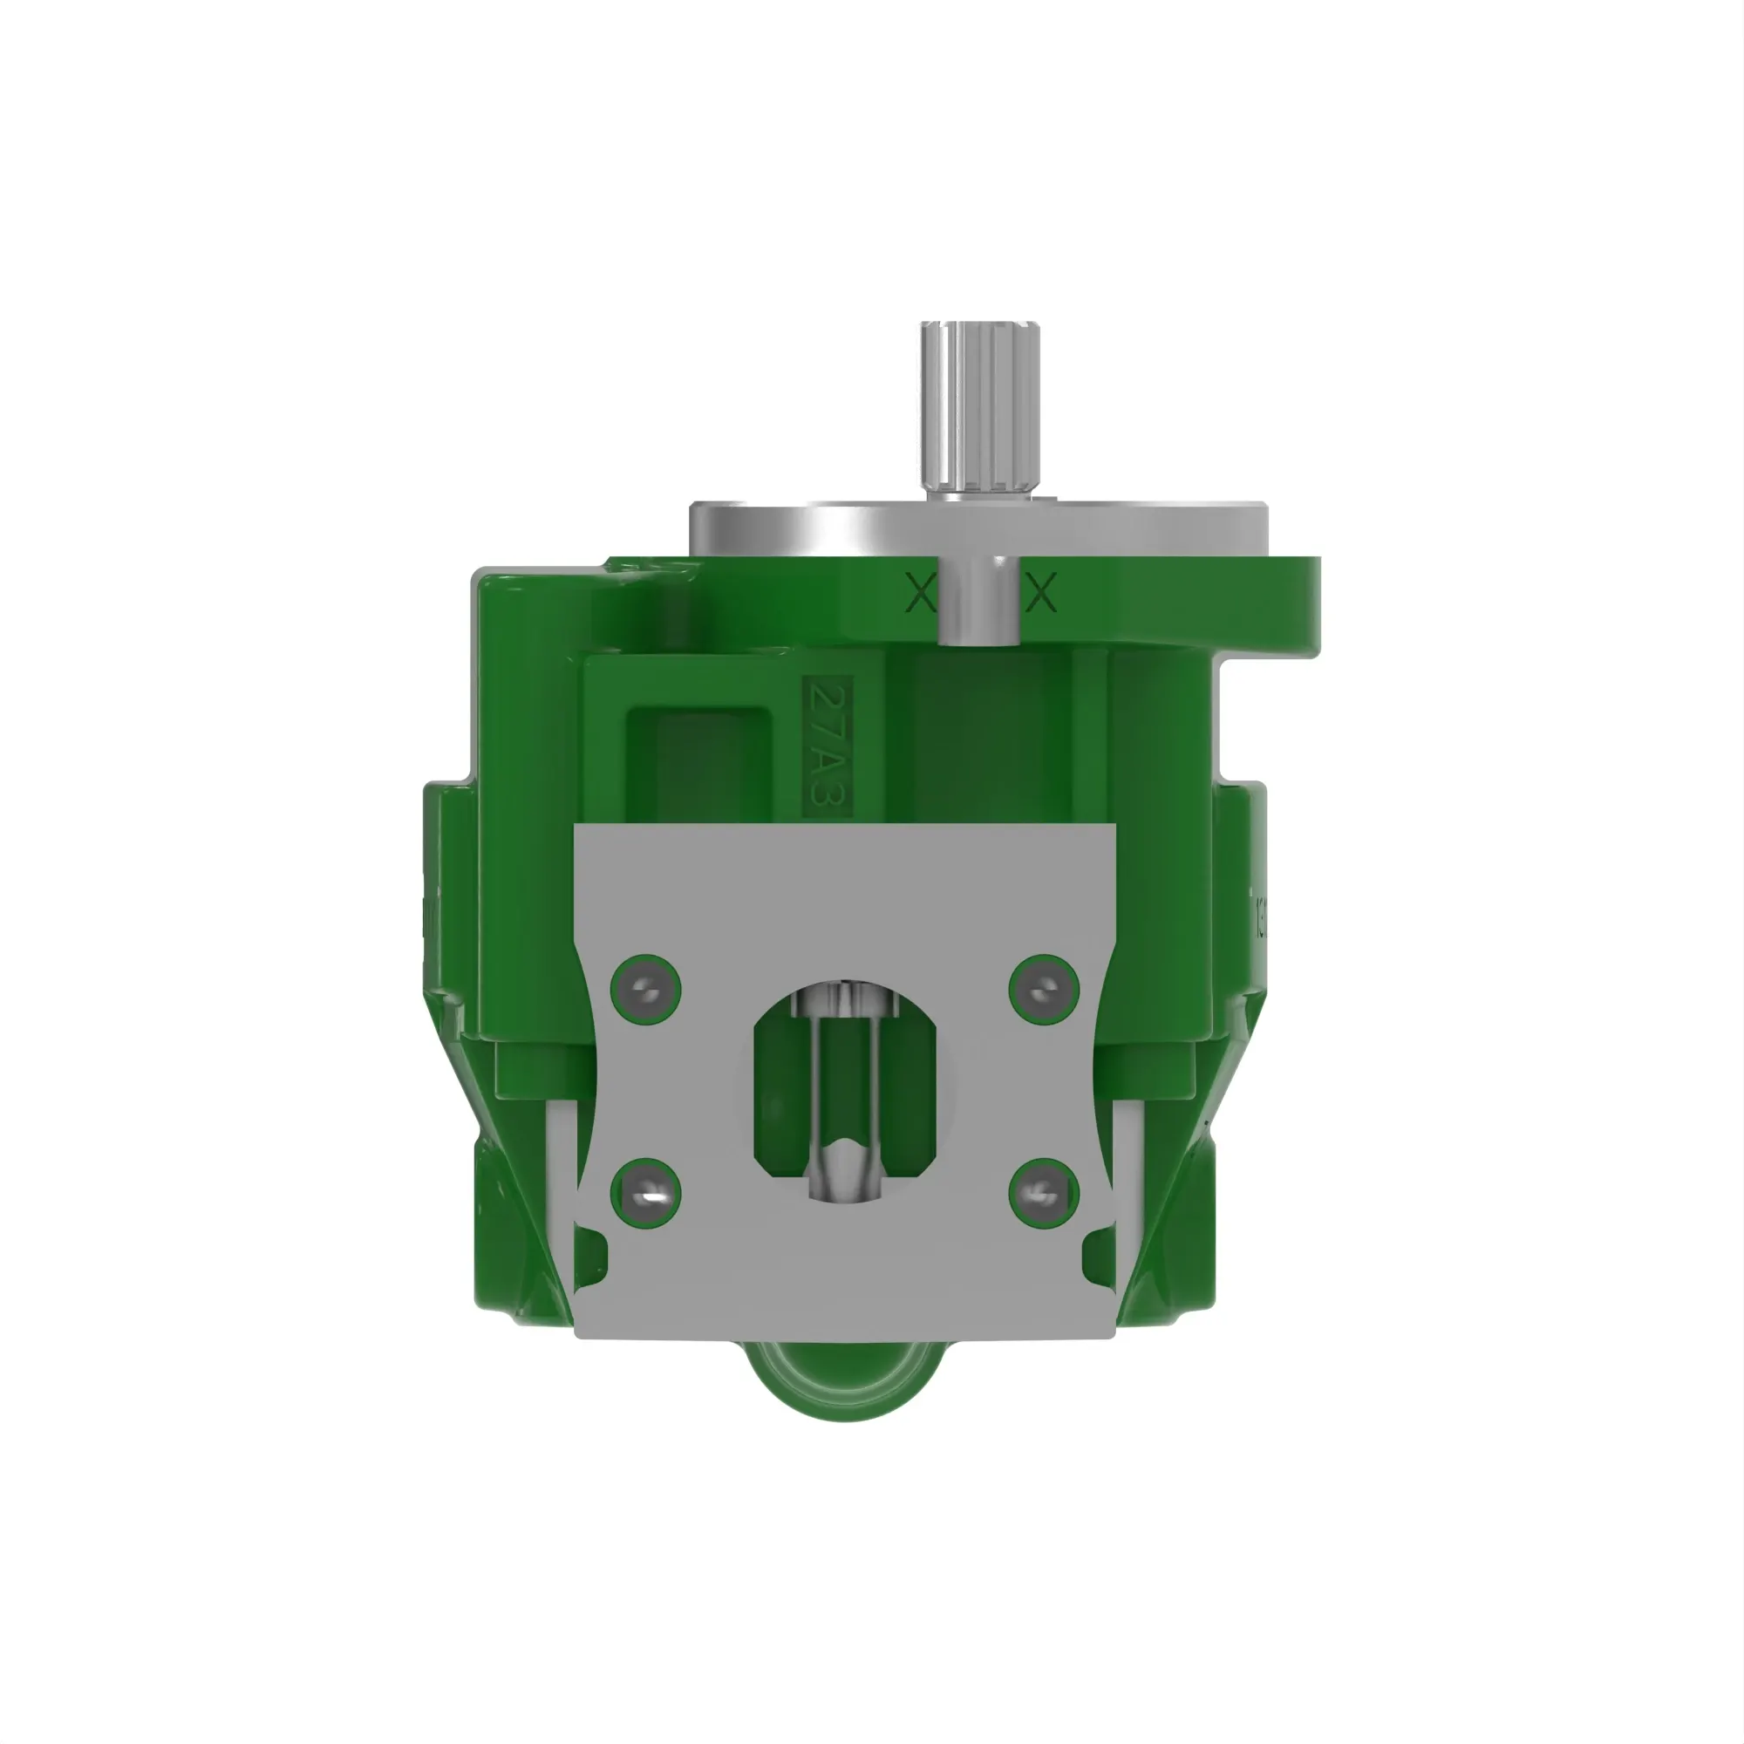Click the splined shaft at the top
click(979, 406)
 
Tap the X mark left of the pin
click(919, 593)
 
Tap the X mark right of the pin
click(1042, 593)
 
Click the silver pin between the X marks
click(980, 600)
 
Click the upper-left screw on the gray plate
click(645, 990)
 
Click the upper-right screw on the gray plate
click(1044, 990)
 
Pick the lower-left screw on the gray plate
click(645, 1194)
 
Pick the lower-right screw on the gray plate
click(1044, 1194)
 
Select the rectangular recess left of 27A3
click(699, 763)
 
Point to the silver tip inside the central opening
click(844, 1164)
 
